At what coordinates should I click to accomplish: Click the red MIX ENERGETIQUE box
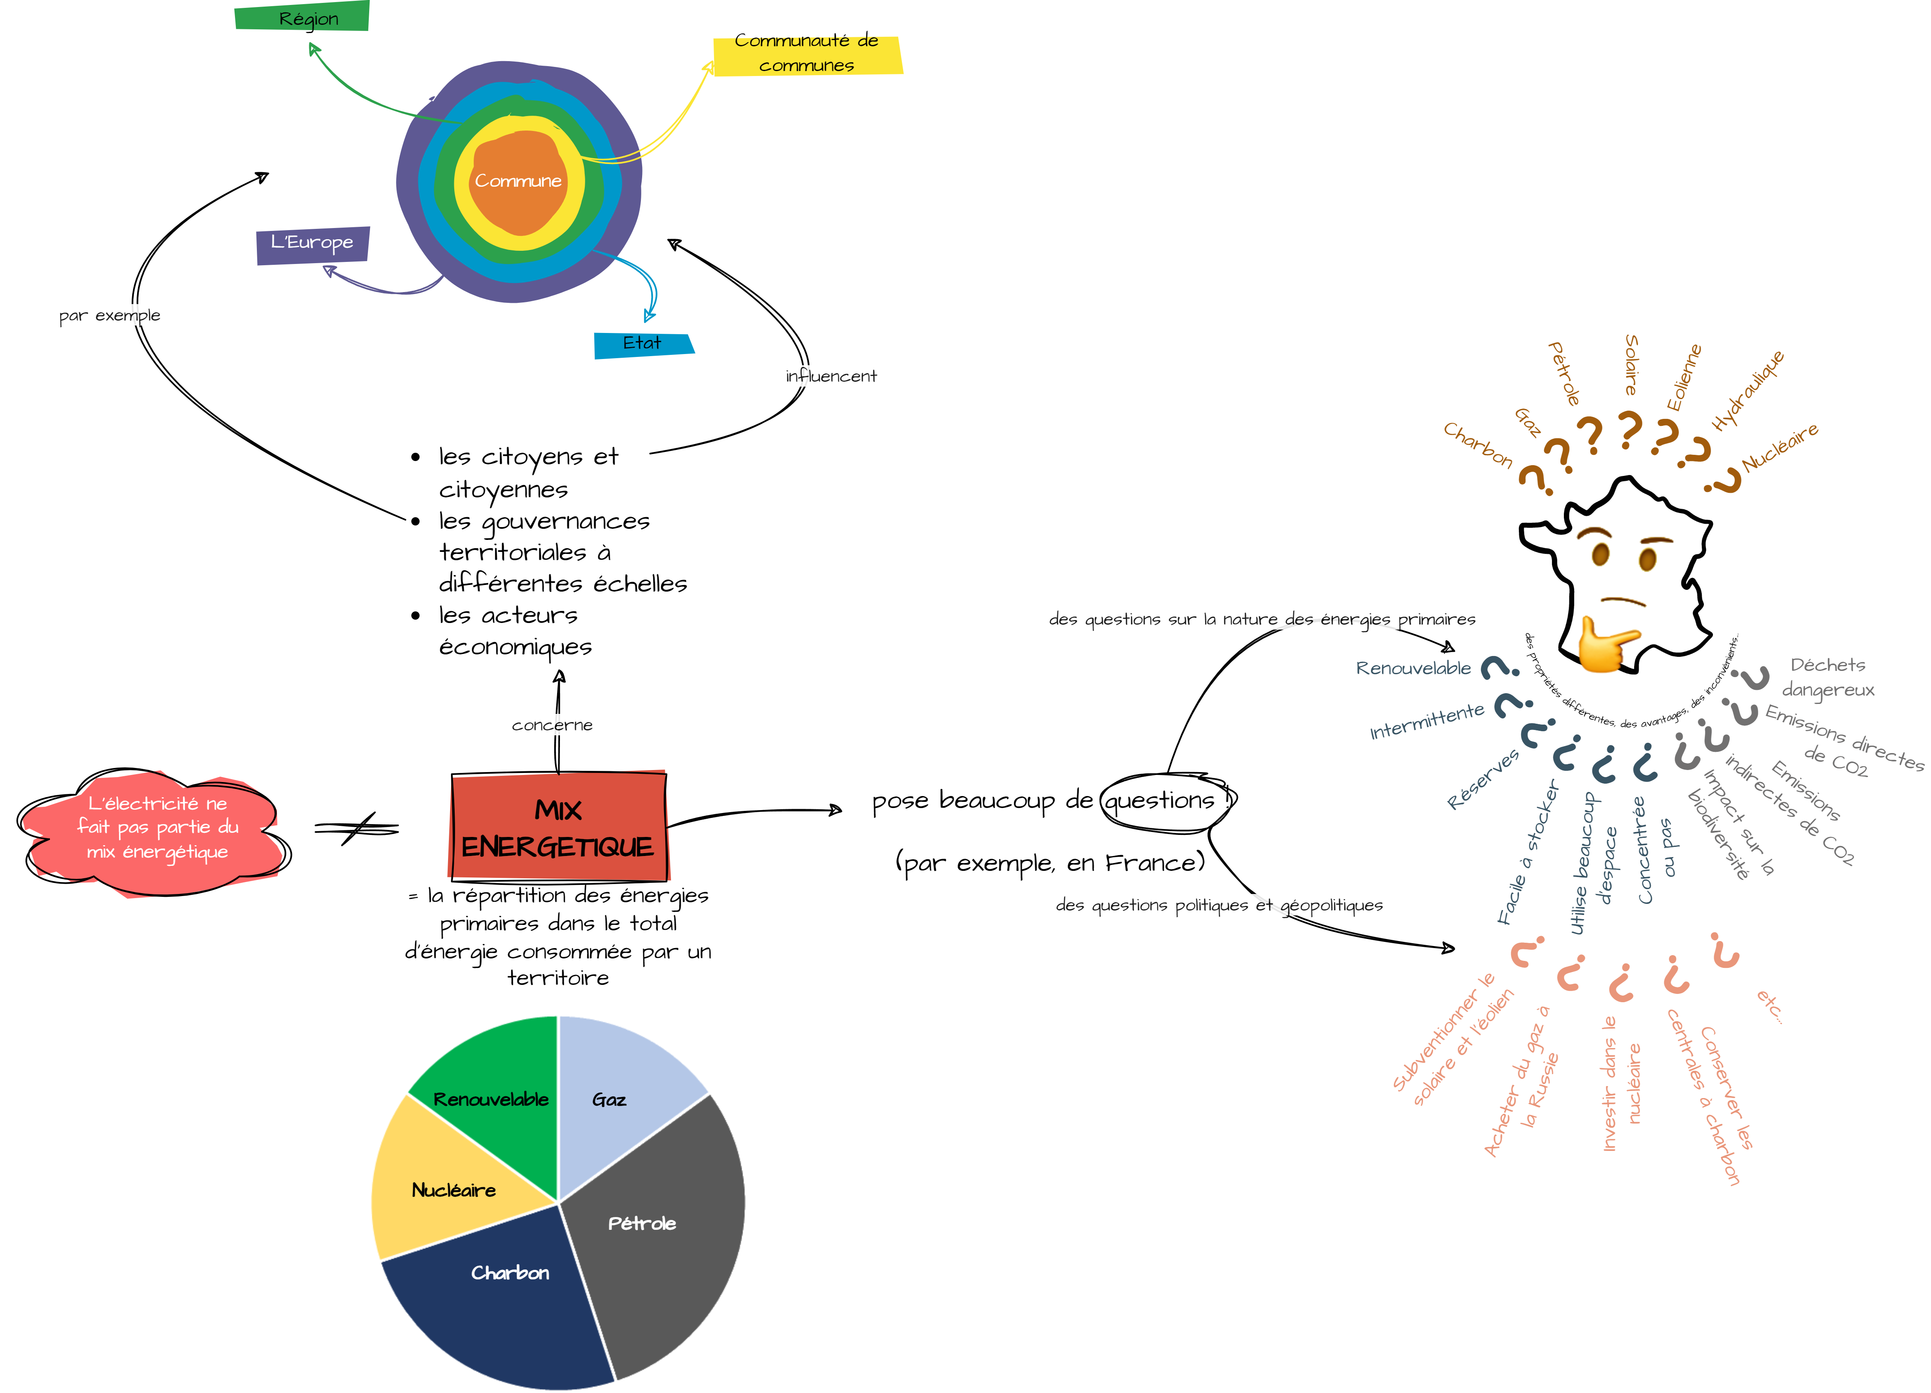click(x=558, y=826)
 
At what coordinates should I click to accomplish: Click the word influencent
click(x=831, y=376)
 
